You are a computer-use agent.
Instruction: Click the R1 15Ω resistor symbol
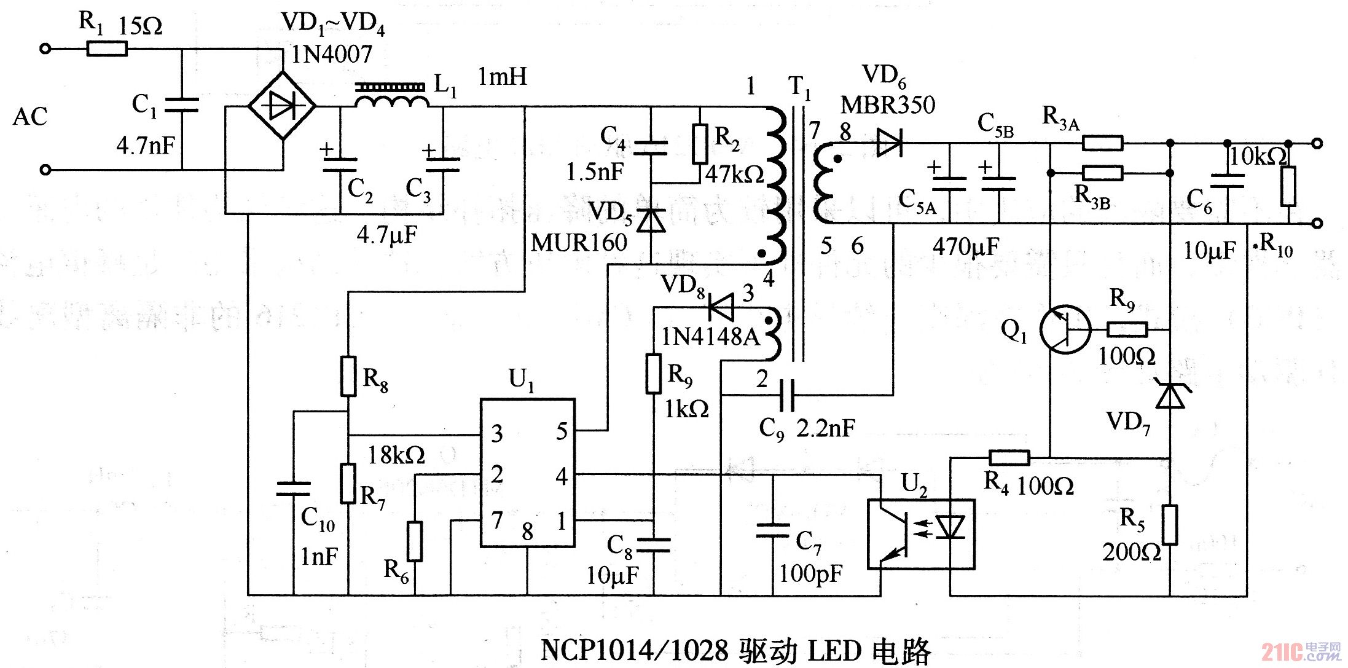pos(107,49)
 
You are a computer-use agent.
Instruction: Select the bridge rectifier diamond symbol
pos(282,106)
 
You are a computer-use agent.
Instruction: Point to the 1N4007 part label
pos(331,55)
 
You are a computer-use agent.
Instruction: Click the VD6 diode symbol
pos(889,143)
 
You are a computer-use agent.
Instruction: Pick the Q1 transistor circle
pos(1065,330)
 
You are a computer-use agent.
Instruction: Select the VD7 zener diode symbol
pos(1170,395)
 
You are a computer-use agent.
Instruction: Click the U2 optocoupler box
pos(921,534)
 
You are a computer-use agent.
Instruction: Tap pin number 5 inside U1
pos(562,431)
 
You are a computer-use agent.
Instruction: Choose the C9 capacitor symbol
pos(786,395)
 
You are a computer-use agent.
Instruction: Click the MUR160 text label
pos(579,243)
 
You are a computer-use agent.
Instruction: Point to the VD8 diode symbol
pos(721,307)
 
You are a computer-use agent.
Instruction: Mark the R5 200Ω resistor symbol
pos(1170,525)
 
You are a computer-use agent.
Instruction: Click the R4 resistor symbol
pos(1009,457)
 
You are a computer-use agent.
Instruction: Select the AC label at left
pos(30,117)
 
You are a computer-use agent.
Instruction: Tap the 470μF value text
pos(966,247)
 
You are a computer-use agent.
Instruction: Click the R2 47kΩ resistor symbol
pos(699,144)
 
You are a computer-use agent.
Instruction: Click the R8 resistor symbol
pos(348,375)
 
